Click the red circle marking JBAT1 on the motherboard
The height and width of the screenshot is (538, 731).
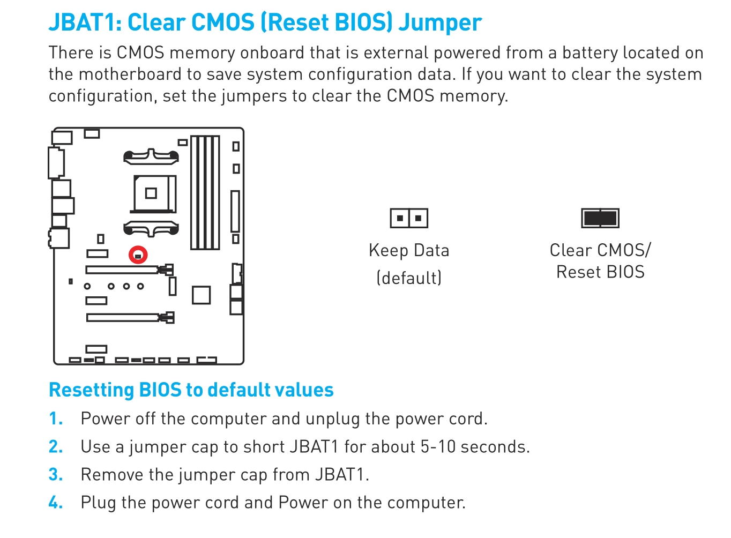coord(138,255)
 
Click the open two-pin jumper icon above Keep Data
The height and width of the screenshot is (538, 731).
coord(409,218)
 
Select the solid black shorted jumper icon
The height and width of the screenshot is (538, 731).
coord(600,218)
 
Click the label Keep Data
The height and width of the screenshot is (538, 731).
coord(409,250)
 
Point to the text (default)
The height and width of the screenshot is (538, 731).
coord(409,278)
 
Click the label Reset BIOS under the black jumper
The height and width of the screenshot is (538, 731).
coord(600,272)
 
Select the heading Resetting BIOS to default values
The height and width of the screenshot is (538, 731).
coord(191,390)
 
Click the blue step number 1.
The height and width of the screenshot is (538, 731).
coord(55,419)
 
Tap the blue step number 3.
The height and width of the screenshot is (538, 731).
coord(55,475)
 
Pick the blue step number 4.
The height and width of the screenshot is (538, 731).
coord(55,503)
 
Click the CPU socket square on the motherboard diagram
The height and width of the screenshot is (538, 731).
coord(152,193)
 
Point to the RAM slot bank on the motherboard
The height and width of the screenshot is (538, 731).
coord(205,193)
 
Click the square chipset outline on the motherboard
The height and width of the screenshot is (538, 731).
coord(201,295)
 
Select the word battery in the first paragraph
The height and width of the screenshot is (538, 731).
coord(589,53)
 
